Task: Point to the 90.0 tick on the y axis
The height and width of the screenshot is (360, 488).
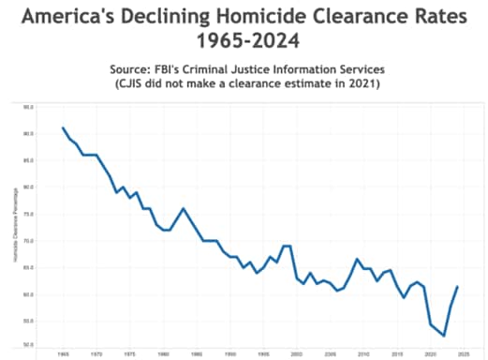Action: click(x=28, y=133)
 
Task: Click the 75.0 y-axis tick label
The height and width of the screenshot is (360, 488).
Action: click(x=28, y=214)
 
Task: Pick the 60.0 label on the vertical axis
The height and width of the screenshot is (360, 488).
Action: click(x=28, y=294)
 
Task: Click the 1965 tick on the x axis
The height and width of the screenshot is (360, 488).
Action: click(x=63, y=354)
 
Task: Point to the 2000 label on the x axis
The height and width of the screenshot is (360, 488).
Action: click(x=296, y=354)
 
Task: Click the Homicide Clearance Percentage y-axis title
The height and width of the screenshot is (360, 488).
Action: click(x=16, y=225)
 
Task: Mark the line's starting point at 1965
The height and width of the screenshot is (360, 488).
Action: click(x=63, y=127)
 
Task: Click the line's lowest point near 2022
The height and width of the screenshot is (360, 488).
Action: click(x=444, y=336)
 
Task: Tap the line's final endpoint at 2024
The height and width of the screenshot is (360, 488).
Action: click(x=457, y=287)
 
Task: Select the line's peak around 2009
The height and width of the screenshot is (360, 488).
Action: click(x=357, y=259)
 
